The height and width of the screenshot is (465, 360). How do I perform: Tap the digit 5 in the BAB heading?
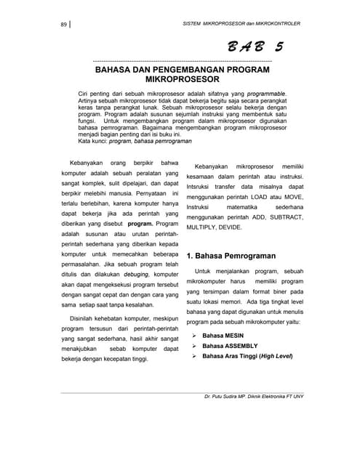(279, 47)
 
